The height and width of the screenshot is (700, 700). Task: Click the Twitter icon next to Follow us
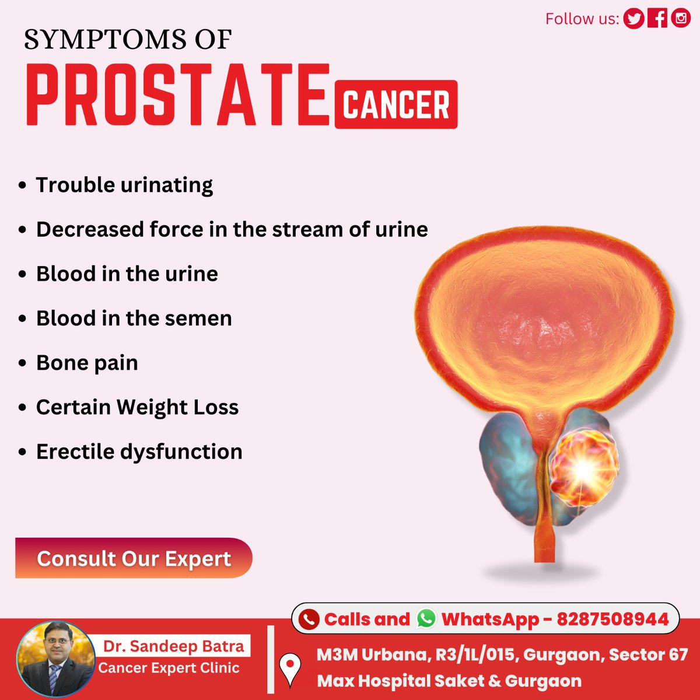633,19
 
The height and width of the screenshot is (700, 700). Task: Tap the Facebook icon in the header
657,19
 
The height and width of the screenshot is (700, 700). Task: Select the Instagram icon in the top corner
681,19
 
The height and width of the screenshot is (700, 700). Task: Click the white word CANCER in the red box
396,105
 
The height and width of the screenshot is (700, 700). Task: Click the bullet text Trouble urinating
124,185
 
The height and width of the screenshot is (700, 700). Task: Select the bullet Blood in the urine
127,274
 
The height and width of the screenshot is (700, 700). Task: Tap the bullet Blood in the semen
134,318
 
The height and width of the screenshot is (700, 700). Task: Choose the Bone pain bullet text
87,363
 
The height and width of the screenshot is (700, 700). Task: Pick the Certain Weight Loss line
137,407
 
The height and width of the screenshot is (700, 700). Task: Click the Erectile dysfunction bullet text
139,452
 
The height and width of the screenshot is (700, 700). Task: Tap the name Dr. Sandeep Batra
174,646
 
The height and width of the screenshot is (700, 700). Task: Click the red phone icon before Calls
309,619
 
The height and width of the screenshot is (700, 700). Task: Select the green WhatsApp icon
426,618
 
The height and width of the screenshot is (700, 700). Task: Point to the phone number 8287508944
612,619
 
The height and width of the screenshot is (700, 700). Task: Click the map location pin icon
290,668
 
